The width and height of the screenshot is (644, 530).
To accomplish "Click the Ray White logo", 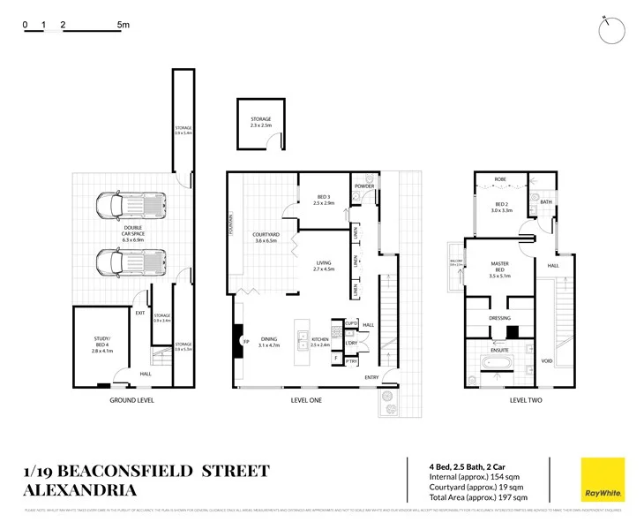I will pos(602,480).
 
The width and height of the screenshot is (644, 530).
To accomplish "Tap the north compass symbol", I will pos(610,30).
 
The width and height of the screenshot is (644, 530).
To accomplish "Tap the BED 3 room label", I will pos(324,198).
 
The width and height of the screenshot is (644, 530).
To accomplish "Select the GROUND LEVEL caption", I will pos(131,400).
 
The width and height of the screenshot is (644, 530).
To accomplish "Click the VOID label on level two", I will pos(547,360).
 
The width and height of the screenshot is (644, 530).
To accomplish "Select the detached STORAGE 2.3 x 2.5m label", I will pos(260,122).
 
